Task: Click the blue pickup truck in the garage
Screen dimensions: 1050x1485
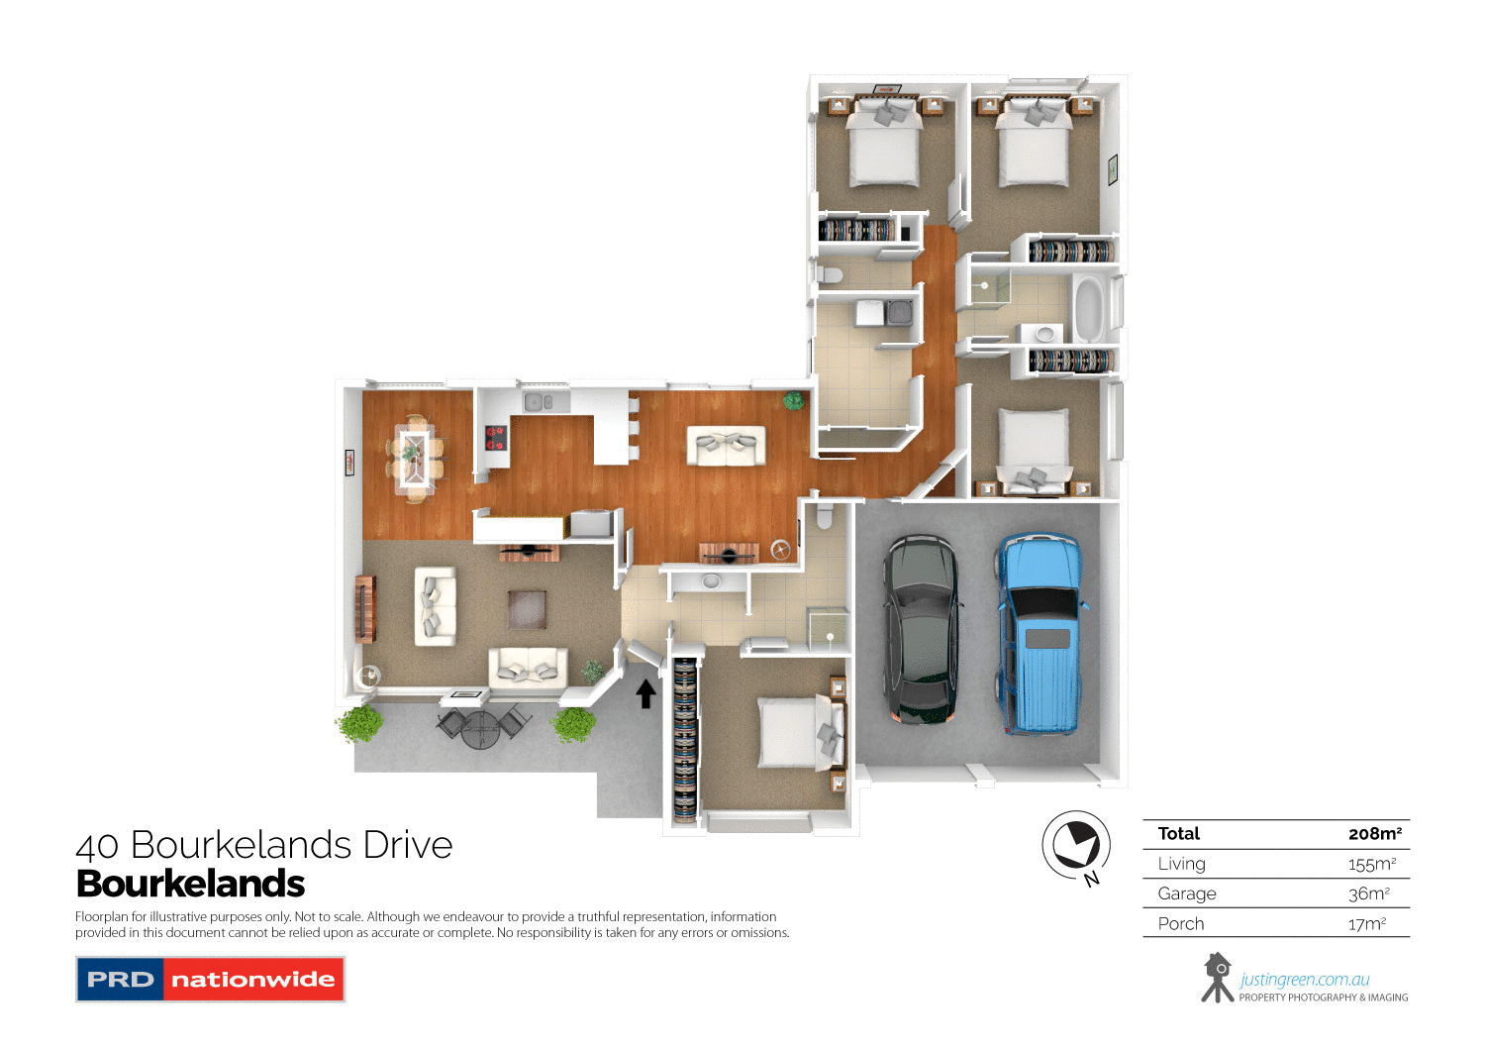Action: pyautogui.click(x=1038, y=634)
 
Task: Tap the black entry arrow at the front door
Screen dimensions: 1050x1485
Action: pyautogui.click(x=645, y=693)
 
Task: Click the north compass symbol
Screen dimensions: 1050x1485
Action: pyautogui.click(x=1075, y=846)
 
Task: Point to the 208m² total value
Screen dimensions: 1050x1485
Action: pyautogui.click(x=1374, y=834)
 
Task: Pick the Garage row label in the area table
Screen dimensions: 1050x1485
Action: pyautogui.click(x=1187, y=893)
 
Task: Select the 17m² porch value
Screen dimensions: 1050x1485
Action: pyautogui.click(x=1366, y=924)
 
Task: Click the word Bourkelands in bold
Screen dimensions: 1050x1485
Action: pyautogui.click(x=190, y=884)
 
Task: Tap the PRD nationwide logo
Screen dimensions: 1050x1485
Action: pyautogui.click(x=210, y=980)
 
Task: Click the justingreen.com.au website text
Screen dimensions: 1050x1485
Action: pyautogui.click(x=1304, y=980)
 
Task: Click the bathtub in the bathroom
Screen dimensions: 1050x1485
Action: pyautogui.click(x=1088, y=308)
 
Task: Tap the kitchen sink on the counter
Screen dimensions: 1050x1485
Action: pyautogui.click(x=540, y=402)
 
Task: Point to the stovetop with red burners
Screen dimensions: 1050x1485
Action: pyautogui.click(x=495, y=438)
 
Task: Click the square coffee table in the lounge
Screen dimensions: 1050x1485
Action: pyautogui.click(x=527, y=609)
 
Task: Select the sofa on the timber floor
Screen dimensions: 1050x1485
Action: pyautogui.click(x=727, y=446)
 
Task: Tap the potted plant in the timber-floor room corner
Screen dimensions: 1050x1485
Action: pyautogui.click(x=793, y=401)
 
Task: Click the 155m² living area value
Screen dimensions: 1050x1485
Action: pyautogui.click(x=1371, y=864)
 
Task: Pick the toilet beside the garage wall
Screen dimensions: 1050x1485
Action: pyautogui.click(x=824, y=516)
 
